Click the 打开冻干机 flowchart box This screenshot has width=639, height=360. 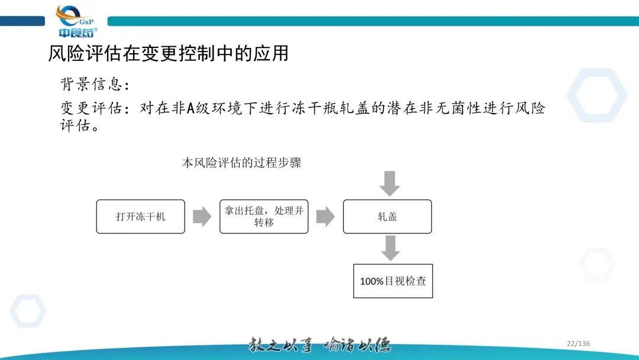(140, 216)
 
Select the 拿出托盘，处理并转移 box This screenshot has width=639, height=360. (264, 216)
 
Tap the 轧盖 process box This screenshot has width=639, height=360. (388, 216)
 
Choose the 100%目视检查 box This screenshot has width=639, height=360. (393, 281)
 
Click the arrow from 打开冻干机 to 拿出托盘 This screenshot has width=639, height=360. (202, 216)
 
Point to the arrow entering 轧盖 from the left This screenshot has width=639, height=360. (325, 216)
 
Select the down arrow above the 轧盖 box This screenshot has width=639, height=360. (389, 184)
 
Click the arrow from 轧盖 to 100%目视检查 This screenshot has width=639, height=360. (390, 247)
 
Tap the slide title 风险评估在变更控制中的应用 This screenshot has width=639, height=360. (168, 53)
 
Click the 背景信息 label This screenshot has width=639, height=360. (95, 84)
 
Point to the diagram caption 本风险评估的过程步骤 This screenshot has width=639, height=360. (241, 162)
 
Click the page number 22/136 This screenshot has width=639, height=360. (578, 343)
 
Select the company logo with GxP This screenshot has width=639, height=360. (77, 22)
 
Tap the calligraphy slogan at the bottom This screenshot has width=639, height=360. (319, 345)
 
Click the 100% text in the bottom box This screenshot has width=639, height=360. (372, 281)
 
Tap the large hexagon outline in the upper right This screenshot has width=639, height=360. (596, 95)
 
